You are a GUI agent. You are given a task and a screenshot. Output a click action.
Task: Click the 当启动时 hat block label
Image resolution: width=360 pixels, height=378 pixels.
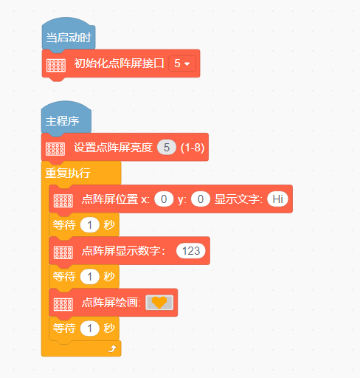[x=69, y=38]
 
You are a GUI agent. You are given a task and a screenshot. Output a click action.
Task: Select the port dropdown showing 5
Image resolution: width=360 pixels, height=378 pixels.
[x=182, y=63]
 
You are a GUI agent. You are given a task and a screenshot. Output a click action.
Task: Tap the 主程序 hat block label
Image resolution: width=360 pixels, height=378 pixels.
[x=62, y=121]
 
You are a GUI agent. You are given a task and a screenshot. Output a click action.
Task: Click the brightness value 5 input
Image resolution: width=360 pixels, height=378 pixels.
[x=167, y=148]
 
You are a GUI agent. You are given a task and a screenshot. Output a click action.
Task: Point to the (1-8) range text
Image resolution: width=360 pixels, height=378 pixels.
[x=193, y=148]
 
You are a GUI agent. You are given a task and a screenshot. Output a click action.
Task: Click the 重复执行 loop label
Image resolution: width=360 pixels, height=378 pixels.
[x=68, y=173]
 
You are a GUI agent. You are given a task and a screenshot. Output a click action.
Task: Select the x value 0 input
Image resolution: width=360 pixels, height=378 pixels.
[x=164, y=199]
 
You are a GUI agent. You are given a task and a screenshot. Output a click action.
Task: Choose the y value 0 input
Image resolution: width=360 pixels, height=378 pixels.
[x=201, y=199]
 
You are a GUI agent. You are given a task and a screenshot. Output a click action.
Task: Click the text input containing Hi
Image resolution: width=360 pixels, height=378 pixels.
[x=278, y=199]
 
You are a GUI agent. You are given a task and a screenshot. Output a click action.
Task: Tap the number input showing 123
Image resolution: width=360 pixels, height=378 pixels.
[x=191, y=251]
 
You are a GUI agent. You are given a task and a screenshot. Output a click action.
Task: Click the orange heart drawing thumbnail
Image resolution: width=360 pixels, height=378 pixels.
[x=159, y=303]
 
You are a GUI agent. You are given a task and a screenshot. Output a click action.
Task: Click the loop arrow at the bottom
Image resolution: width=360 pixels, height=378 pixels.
[x=112, y=348]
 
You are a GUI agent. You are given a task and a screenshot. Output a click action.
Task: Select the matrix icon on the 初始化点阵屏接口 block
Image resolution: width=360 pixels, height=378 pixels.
[x=56, y=65]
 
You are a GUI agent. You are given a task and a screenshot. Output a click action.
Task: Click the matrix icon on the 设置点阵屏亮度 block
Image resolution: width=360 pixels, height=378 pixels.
[x=55, y=149]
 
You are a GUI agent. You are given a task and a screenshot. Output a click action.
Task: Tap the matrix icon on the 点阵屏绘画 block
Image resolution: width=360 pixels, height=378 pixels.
[x=63, y=304]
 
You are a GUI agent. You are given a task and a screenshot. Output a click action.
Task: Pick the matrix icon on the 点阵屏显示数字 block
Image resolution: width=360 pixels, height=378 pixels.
[x=63, y=252]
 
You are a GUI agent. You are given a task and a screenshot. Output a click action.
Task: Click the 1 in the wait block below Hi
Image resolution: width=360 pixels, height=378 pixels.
[x=90, y=225]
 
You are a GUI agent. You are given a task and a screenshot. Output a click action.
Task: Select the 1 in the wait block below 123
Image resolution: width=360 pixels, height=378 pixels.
[x=90, y=277]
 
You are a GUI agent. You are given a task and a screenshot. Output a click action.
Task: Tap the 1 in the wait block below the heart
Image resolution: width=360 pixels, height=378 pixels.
[x=90, y=329]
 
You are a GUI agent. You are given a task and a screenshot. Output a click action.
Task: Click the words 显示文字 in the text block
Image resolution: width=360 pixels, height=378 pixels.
[x=238, y=199]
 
